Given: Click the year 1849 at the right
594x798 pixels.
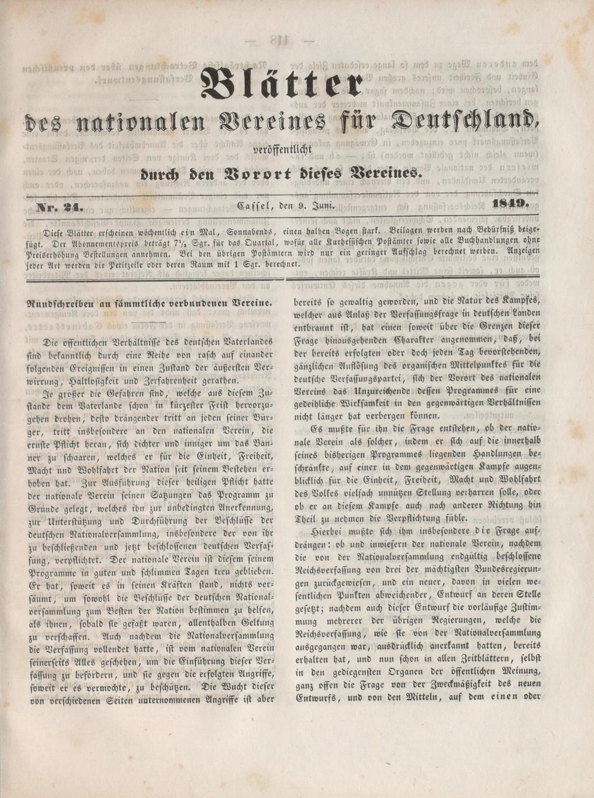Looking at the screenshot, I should (x=511, y=205).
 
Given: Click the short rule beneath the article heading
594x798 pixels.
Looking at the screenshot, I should (x=149, y=321).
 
